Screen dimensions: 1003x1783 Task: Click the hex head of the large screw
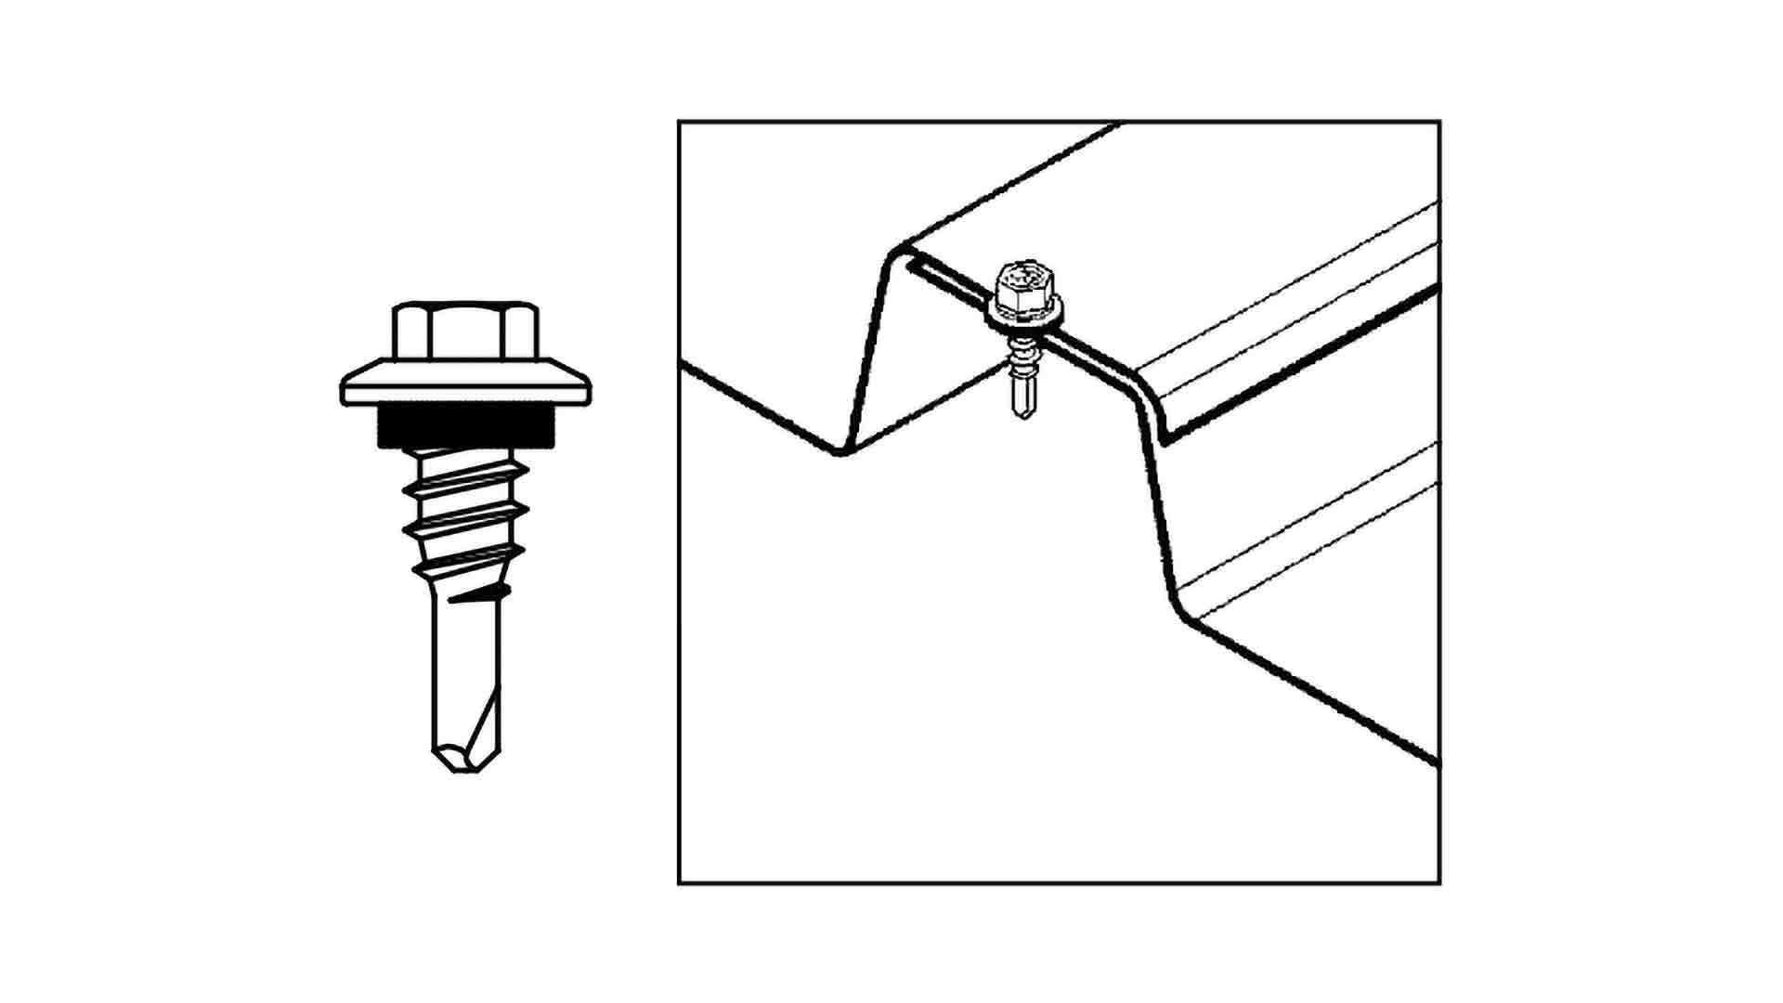coord(465,332)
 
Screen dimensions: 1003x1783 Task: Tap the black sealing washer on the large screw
coord(465,427)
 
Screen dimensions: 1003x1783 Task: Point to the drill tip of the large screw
coord(466,757)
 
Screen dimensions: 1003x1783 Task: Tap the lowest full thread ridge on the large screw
coord(467,557)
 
